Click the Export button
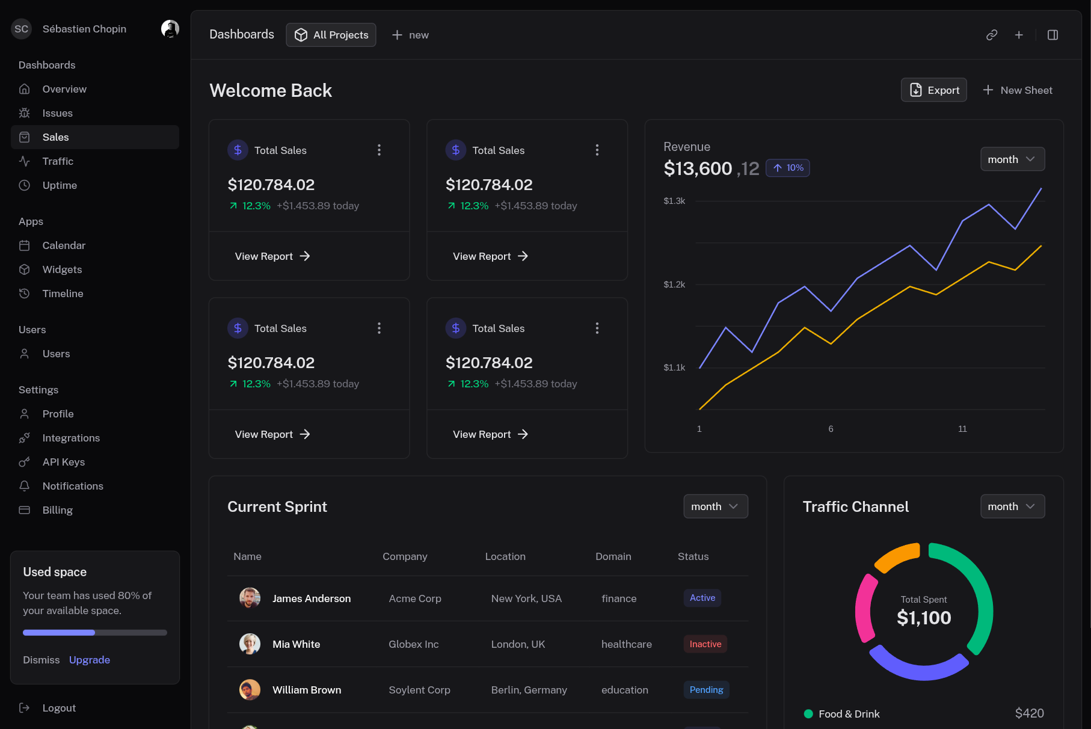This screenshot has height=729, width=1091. point(933,90)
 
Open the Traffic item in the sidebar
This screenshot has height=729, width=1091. point(58,161)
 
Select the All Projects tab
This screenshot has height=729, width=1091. point(331,35)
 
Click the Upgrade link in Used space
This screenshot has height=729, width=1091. point(90,660)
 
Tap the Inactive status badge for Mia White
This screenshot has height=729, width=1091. point(705,644)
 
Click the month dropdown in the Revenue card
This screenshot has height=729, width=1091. point(1012,159)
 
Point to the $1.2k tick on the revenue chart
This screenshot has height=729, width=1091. point(674,285)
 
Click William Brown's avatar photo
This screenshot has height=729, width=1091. point(250,690)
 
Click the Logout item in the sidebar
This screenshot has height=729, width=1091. point(59,708)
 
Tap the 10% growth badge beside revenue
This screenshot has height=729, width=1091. point(788,168)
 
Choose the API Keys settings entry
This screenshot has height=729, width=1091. point(63,462)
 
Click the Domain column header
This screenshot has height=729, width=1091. point(613,556)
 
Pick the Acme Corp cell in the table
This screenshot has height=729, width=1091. point(415,598)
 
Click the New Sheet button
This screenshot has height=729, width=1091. point(1018,90)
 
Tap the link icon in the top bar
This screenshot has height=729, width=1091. point(992,35)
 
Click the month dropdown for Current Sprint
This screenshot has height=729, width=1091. point(715,506)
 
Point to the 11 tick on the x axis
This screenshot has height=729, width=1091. point(962,429)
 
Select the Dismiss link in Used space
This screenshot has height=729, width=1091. point(41,660)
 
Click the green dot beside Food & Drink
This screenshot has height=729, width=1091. point(808,714)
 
